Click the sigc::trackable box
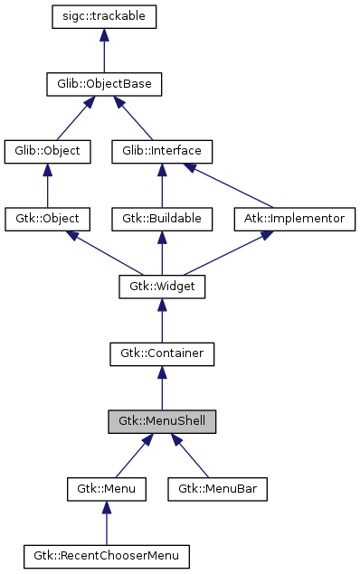(105, 16)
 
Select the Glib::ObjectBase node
(105, 84)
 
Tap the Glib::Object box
(48, 151)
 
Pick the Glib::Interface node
(162, 151)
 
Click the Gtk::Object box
(48, 219)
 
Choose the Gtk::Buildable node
(162, 219)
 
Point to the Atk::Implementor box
(295, 219)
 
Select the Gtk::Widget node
(162, 287)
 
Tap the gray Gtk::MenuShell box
(162, 421)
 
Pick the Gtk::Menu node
(107, 489)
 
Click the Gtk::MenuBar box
(217, 489)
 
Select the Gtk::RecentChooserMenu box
(107, 556)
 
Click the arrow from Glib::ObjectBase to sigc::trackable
(105, 51)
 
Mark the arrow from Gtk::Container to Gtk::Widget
(162, 321)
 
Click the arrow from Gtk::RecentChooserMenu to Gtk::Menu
(107, 523)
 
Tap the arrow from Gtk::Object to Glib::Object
(48, 185)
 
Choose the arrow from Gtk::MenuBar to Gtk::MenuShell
(192, 457)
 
